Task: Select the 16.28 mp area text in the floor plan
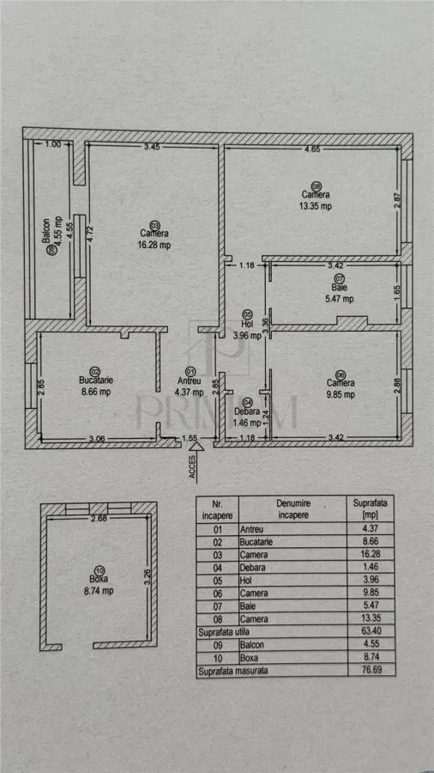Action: tap(155, 245)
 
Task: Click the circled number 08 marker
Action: tap(316, 187)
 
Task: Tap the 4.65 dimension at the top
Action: tap(312, 149)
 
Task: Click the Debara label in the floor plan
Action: tap(245, 412)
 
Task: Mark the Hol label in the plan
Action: tap(247, 326)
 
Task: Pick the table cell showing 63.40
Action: tap(371, 631)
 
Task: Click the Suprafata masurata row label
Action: tap(232, 670)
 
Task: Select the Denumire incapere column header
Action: tap(292, 509)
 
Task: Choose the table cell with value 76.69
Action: tap(371, 670)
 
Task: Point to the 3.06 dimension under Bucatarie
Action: tap(99, 437)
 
